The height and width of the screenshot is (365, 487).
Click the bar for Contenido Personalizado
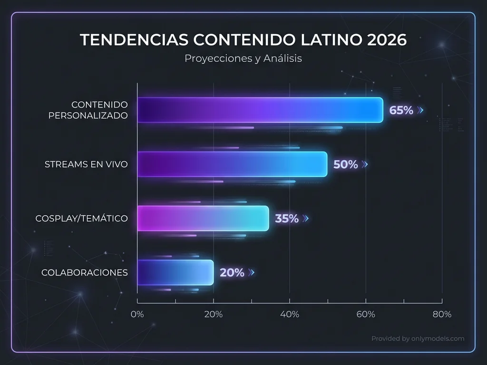(x=260, y=110)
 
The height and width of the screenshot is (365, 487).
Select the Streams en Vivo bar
(x=232, y=164)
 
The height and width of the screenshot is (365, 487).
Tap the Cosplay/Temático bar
(x=203, y=219)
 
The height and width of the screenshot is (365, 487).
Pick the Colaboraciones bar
(x=175, y=272)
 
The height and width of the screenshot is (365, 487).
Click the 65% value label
(x=401, y=110)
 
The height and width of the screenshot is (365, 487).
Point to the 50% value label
(x=345, y=164)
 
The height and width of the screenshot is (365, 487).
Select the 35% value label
(x=287, y=219)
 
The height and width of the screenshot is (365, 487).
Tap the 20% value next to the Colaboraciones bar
(x=232, y=273)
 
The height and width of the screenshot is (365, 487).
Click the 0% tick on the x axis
(x=137, y=314)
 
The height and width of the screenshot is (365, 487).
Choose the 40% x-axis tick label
(x=290, y=314)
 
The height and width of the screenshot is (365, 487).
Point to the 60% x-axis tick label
(x=366, y=314)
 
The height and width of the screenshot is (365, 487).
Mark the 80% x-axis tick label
(x=442, y=314)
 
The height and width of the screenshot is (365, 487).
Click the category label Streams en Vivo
(x=86, y=164)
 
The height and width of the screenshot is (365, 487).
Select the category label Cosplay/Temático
(x=81, y=219)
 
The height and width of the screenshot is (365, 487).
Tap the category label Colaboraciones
(x=84, y=273)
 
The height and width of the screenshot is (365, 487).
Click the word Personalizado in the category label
(x=88, y=115)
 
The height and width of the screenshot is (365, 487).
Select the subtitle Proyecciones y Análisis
(x=243, y=59)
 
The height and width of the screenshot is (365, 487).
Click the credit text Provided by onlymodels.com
(x=418, y=339)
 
